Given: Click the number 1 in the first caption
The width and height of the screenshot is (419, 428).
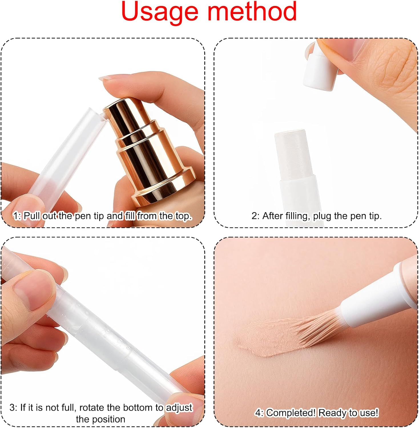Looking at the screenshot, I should (16, 216).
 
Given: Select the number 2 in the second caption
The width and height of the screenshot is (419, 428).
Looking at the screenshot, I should (254, 216).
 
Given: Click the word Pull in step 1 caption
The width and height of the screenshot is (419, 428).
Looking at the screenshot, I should (31, 216).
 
